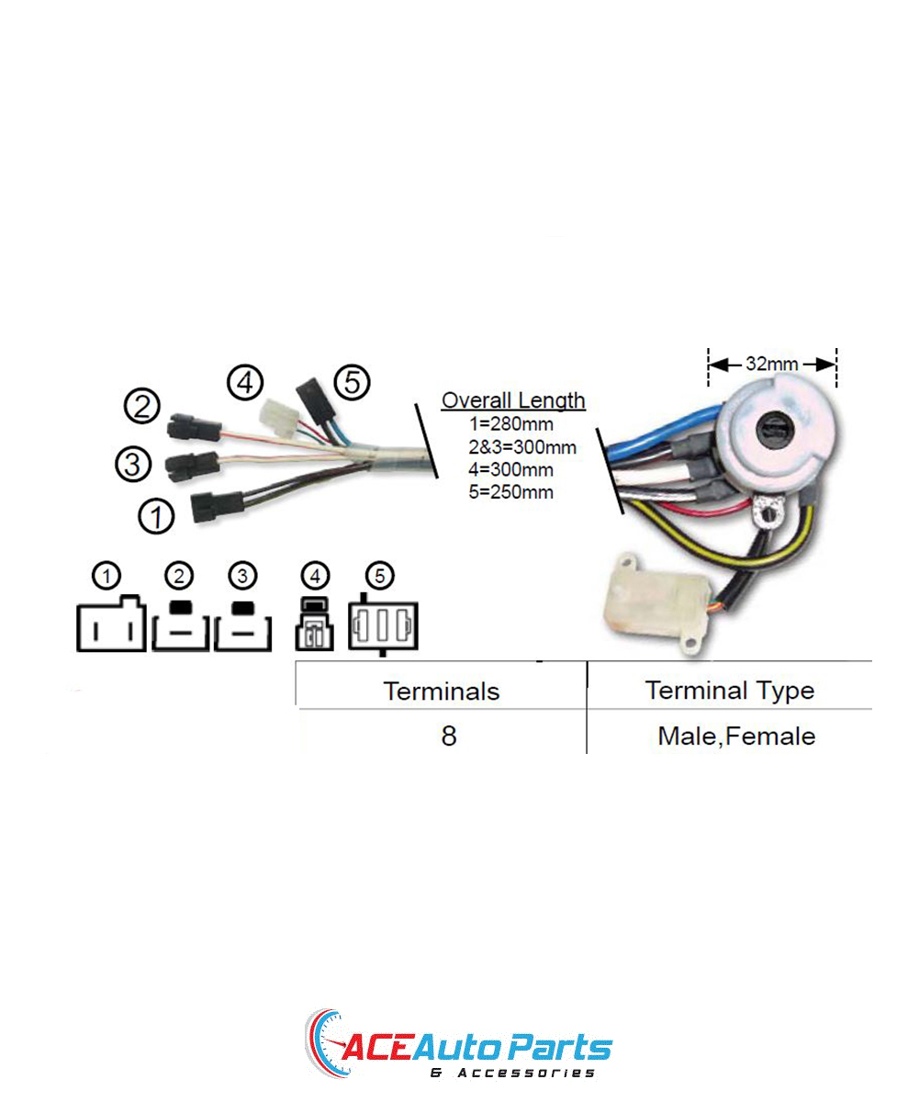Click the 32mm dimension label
click(771, 364)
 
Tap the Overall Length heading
click(513, 400)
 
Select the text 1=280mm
click(511, 423)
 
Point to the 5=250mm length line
click(511, 492)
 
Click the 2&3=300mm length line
click(522, 447)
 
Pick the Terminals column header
click(441, 691)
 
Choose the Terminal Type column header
click(730, 691)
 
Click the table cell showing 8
click(448, 736)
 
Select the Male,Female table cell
click(736, 737)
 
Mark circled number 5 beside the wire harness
click(353, 382)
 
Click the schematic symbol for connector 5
click(383, 626)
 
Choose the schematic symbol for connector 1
click(111, 624)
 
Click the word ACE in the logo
click(376, 1047)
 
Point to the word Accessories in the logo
click(525, 1073)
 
